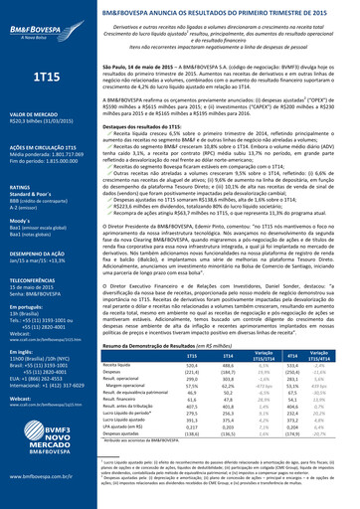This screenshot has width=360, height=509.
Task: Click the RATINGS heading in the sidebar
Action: coord(22,186)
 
